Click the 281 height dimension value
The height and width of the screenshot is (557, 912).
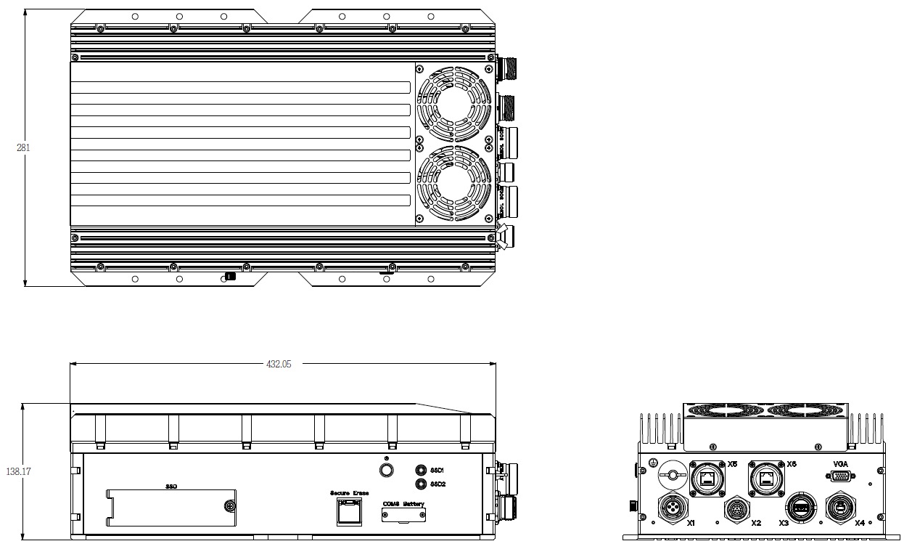pos(23,147)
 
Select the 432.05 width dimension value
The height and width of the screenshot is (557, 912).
pos(279,365)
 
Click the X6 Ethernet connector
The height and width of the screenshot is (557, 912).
pos(765,477)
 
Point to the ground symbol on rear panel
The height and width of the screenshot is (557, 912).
pos(654,463)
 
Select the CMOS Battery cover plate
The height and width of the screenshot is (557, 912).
pos(404,515)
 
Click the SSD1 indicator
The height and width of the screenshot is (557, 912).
pos(420,471)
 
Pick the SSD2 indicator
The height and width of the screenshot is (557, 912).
pos(420,484)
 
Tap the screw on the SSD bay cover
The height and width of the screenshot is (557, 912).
pos(230,507)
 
